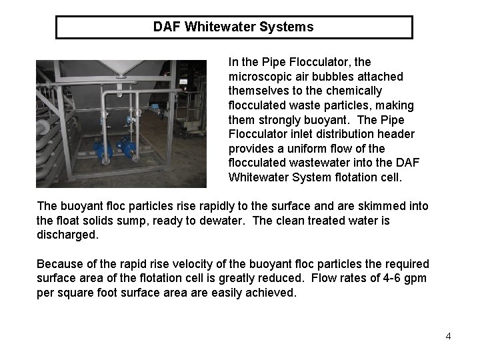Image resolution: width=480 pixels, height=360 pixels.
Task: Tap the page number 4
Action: pos(449,336)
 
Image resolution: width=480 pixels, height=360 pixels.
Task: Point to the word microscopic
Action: pos(260,77)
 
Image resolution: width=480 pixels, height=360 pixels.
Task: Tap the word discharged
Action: pos(69,235)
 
